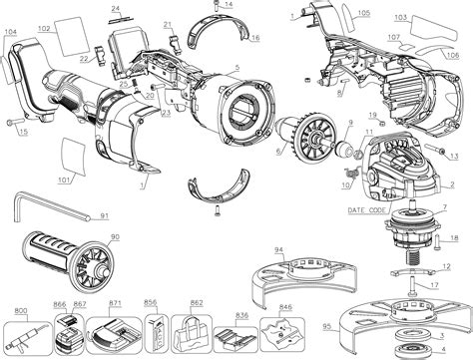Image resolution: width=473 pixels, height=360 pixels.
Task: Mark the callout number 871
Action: click(x=116, y=302)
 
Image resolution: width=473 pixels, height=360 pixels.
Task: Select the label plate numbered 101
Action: click(x=70, y=158)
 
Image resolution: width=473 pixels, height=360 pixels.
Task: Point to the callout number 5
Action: click(x=236, y=67)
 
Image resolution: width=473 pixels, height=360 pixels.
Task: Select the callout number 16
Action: click(x=255, y=38)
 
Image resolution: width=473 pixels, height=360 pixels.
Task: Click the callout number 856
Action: click(x=151, y=302)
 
